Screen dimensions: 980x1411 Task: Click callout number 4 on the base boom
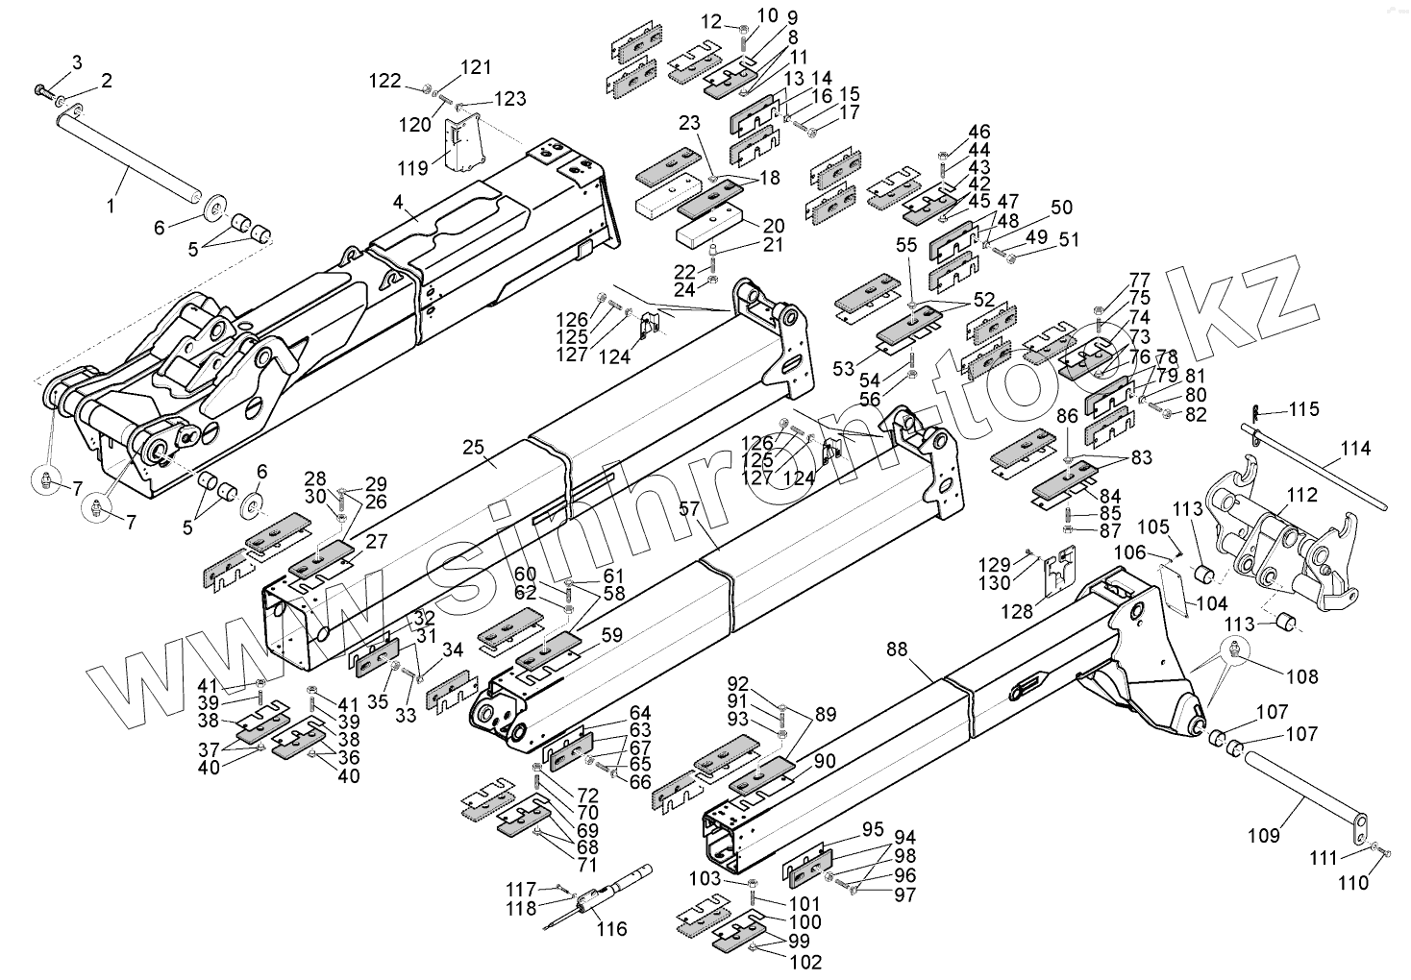coord(396,203)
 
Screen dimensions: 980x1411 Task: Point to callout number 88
coord(897,649)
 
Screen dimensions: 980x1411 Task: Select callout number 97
coord(904,894)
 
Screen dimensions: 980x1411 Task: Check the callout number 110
coord(1353,883)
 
